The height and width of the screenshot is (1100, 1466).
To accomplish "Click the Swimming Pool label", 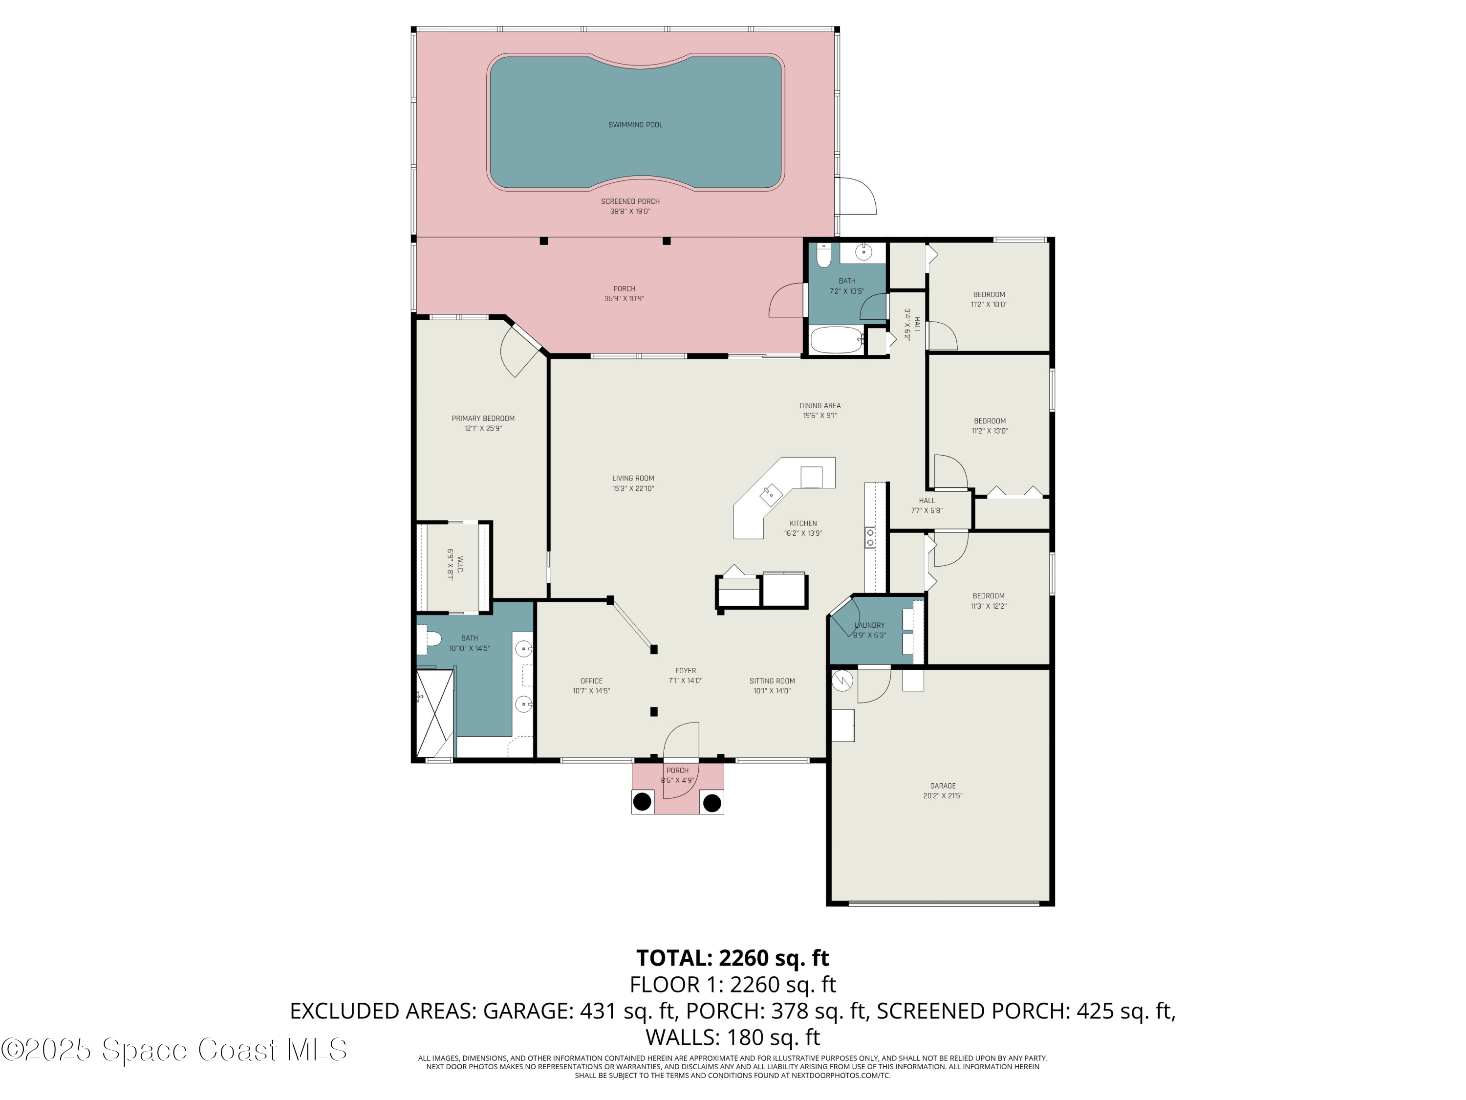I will tap(635, 125).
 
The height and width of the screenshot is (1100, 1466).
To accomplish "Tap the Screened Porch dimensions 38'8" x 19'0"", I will tap(629, 212).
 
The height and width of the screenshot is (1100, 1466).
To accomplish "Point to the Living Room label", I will tap(633, 478).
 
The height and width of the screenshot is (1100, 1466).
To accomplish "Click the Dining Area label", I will tap(820, 406).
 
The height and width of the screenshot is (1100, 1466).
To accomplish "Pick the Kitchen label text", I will tap(802, 523).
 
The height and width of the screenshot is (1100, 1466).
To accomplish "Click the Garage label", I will tap(943, 786).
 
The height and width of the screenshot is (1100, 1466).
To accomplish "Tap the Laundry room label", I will tap(869, 625).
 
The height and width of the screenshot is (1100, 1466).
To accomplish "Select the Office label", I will tap(591, 681).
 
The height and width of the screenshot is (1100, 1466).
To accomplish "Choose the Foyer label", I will tap(685, 671).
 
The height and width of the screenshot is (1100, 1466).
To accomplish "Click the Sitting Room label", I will tap(772, 681).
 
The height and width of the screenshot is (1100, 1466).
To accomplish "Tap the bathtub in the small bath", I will tap(837, 339).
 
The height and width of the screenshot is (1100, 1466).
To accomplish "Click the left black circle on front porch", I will tap(642, 802).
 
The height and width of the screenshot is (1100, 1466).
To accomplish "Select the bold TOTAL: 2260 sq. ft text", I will tap(733, 958).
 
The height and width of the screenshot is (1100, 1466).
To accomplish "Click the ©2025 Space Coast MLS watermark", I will tap(173, 1050).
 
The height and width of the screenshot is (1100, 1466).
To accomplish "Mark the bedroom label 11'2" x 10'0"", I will tap(988, 300).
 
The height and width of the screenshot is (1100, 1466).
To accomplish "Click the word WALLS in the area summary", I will tap(683, 1037).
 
